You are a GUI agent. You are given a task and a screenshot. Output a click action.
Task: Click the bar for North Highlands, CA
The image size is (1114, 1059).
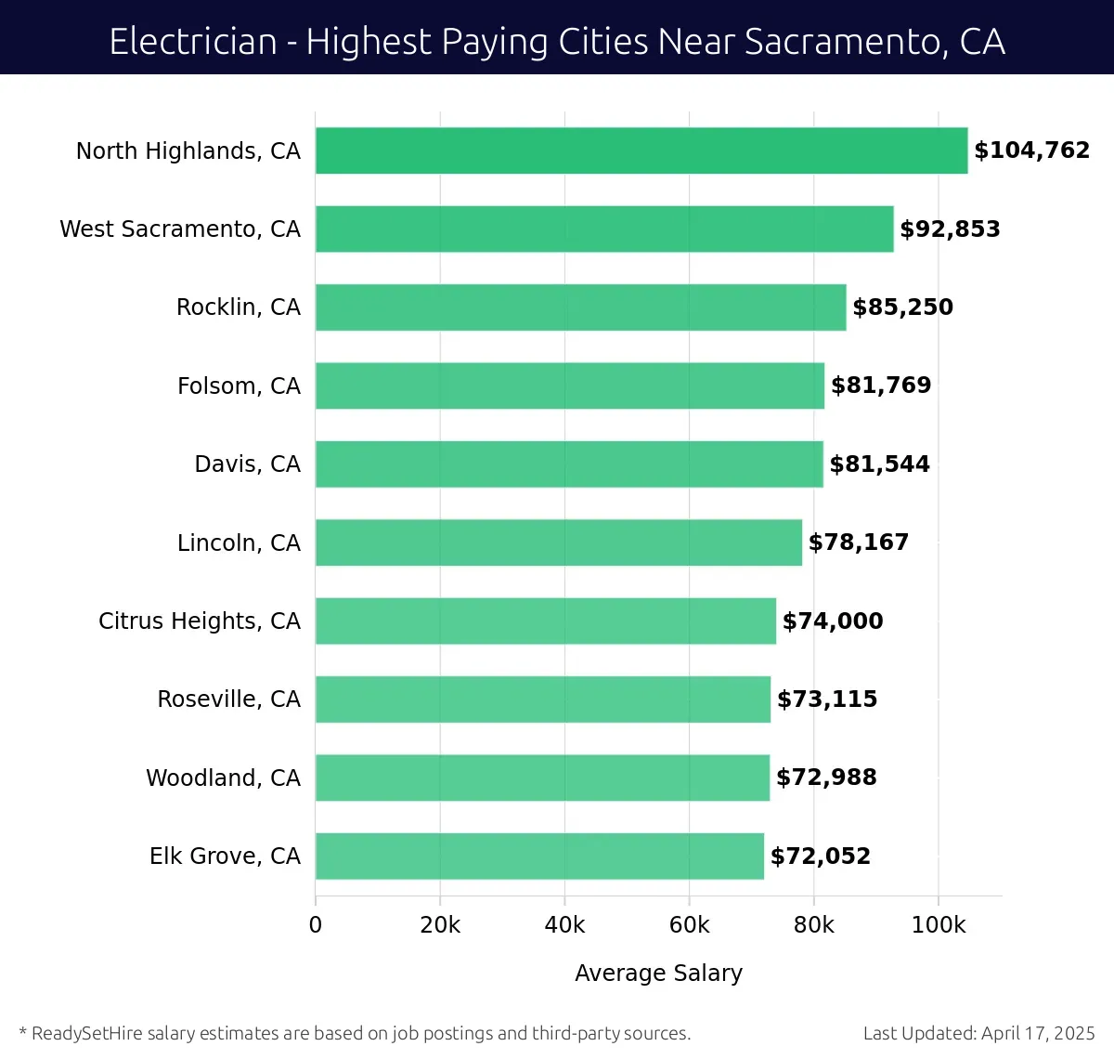(641, 150)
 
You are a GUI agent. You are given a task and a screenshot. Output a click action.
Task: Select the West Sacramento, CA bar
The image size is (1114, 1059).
(603, 229)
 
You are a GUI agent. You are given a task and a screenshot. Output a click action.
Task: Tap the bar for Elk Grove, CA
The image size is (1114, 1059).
(538, 856)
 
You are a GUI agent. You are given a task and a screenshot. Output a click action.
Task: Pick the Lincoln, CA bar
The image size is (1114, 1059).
(558, 543)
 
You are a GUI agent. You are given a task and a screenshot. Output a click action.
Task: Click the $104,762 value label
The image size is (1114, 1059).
(1031, 150)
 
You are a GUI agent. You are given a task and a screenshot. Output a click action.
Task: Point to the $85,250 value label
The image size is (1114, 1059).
(902, 307)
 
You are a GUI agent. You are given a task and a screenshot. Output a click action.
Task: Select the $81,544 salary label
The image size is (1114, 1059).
(879, 464)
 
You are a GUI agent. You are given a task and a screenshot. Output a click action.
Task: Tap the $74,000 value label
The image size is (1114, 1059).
(833, 621)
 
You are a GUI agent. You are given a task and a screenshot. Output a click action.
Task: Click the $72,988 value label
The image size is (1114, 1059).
(826, 778)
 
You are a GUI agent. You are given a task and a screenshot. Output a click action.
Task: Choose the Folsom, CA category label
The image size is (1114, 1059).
(239, 386)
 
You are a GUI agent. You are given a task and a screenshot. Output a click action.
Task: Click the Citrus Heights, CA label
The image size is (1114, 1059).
(200, 621)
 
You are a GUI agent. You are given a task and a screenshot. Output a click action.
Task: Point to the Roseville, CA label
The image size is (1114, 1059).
(228, 699)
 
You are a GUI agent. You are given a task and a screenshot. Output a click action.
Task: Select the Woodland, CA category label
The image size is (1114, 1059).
(223, 778)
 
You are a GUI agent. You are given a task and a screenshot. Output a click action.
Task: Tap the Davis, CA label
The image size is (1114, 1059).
(247, 464)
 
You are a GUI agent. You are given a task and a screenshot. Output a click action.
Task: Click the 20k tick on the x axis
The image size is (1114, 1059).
(440, 925)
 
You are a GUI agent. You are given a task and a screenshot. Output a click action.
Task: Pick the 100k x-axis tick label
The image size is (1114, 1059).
(939, 925)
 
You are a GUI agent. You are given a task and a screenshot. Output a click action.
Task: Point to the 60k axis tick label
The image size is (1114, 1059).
(689, 925)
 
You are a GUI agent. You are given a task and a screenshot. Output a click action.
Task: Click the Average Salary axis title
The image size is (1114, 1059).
(658, 973)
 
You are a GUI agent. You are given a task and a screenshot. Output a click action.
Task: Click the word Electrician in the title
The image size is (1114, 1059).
(193, 42)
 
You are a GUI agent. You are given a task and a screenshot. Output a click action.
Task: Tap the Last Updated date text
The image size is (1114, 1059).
(978, 1033)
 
